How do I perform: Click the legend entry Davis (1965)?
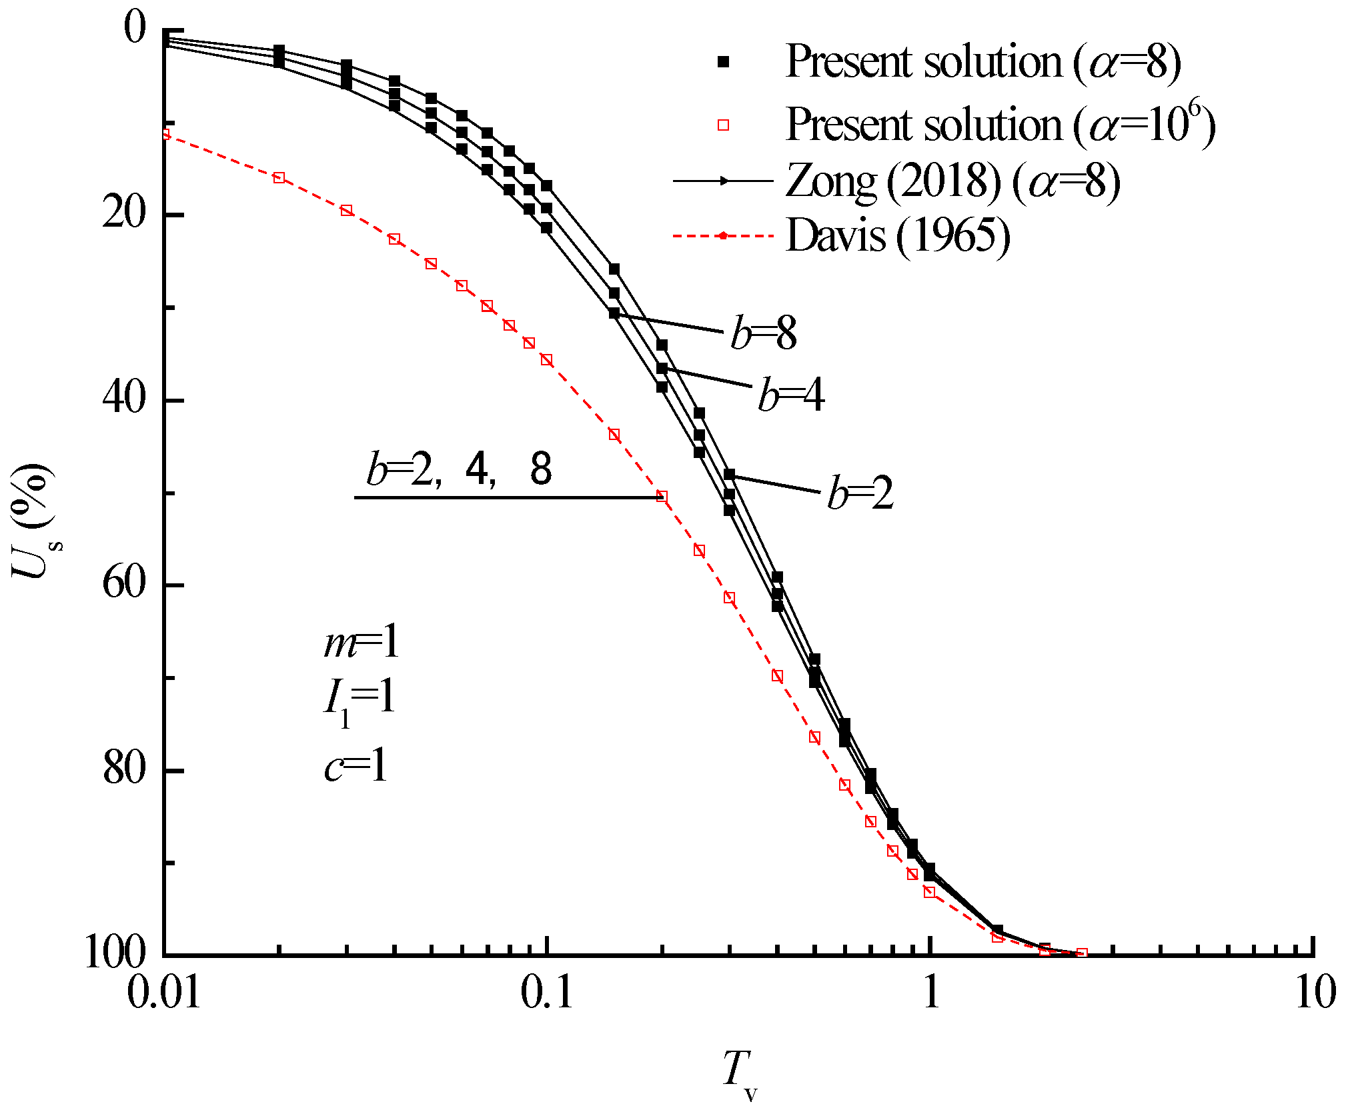click(x=898, y=235)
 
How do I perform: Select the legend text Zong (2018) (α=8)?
click(x=952, y=181)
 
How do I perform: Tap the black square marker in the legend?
click(x=723, y=62)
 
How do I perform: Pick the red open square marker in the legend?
click(x=723, y=125)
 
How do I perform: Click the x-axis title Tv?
click(x=739, y=1072)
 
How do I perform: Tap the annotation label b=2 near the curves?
click(x=860, y=493)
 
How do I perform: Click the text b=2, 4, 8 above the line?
click(x=459, y=469)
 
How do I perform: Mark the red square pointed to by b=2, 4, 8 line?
click(x=662, y=497)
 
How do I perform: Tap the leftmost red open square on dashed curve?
click(x=165, y=134)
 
